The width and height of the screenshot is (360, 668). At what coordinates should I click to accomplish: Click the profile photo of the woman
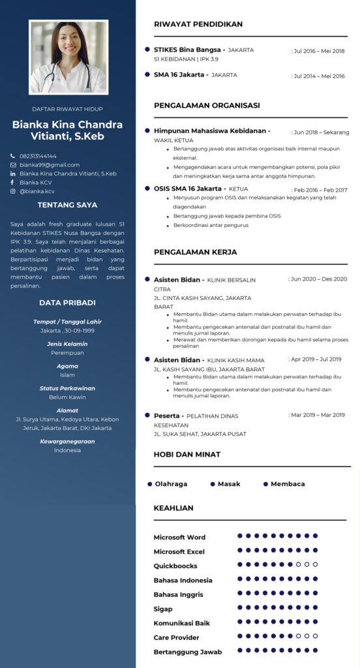67,57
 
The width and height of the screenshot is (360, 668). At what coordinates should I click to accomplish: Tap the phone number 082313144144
38,156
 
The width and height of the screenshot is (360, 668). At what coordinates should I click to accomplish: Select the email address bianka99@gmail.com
50,165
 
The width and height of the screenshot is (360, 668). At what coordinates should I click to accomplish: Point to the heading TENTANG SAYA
67,205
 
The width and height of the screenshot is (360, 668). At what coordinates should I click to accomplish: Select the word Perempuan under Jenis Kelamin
67,353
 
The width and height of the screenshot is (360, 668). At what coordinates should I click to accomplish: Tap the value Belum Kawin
67,397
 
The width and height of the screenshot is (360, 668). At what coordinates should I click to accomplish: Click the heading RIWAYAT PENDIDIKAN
198,24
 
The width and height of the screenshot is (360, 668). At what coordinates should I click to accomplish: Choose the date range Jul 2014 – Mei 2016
319,76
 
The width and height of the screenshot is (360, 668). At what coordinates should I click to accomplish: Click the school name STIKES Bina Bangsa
187,50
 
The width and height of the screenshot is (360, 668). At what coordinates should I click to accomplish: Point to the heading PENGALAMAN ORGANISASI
207,105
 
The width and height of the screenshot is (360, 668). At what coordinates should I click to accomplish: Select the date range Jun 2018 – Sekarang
320,132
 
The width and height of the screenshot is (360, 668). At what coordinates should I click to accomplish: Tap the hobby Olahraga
171,484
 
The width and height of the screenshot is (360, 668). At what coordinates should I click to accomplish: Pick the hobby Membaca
288,484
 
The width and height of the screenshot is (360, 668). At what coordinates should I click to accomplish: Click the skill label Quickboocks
175,566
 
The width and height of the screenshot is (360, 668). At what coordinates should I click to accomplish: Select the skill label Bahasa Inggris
178,594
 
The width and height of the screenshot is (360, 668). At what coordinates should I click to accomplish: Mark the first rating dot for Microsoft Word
240,536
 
